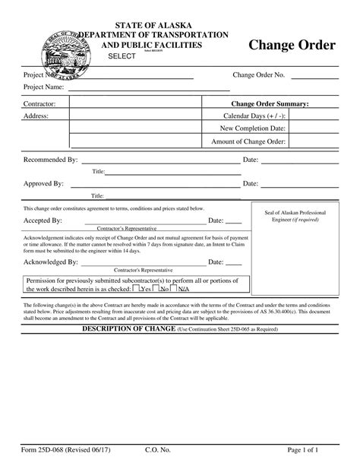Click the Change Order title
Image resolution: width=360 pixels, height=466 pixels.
tap(292, 46)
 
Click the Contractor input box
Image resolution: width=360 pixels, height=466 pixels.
tap(137, 103)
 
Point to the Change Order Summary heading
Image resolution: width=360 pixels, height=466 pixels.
tap(270, 103)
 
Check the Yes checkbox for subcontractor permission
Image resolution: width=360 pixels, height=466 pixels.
tap(136, 288)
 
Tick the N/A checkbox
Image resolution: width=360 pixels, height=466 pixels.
tap(174, 288)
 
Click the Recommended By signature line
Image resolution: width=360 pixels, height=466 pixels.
tap(159, 161)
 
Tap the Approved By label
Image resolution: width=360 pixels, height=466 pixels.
tap(43, 184)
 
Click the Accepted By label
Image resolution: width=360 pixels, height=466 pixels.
tap(43, 220)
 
